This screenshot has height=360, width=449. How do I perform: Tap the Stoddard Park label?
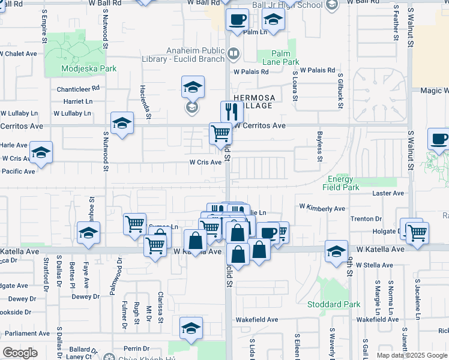(342, 304)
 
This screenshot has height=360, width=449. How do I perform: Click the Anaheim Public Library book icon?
(234, 55)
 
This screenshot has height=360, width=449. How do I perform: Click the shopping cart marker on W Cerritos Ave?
(220, 133)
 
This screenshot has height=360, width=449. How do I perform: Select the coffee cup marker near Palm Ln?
(237, 19)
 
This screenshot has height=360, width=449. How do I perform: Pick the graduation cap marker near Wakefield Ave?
(191, 328)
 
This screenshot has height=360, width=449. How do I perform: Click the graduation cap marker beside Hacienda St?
(193, 87)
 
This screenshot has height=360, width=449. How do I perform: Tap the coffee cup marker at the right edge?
(439, 140)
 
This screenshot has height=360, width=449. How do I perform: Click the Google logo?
(20, 352)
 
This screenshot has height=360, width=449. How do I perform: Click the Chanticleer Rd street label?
(78, 88)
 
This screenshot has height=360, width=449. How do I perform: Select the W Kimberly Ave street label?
(322, 208)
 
